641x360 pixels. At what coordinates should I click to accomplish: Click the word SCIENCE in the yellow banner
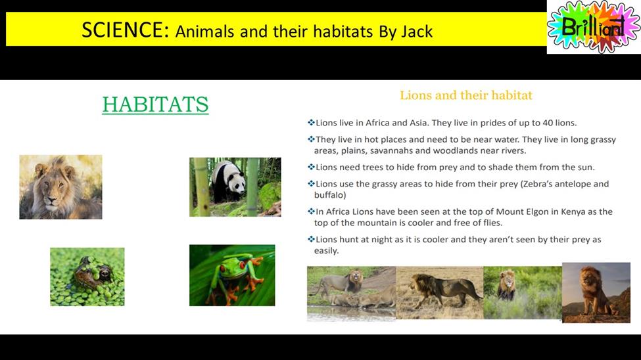tap(125, 30)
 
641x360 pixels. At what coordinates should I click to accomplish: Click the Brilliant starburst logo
tap(594, 27)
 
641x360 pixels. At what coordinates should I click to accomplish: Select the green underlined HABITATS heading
tap(155, 104)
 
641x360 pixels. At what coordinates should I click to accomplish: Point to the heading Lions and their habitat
tap(466, 95)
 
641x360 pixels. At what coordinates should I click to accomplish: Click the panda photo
tap(235, 187)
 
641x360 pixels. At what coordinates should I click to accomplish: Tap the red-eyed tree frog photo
tap(232, 275)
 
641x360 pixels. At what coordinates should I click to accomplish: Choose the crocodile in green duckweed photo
tap(87, 277)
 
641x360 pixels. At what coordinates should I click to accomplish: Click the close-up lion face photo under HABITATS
tap(61, 187)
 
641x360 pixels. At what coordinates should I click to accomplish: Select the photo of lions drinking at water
tap(352, 294)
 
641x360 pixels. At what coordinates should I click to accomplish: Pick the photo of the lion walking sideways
tap(440, 292)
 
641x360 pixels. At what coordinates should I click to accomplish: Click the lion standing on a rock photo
tap(596, 292)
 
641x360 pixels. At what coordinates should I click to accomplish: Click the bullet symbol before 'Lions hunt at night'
tap(311, 239)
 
